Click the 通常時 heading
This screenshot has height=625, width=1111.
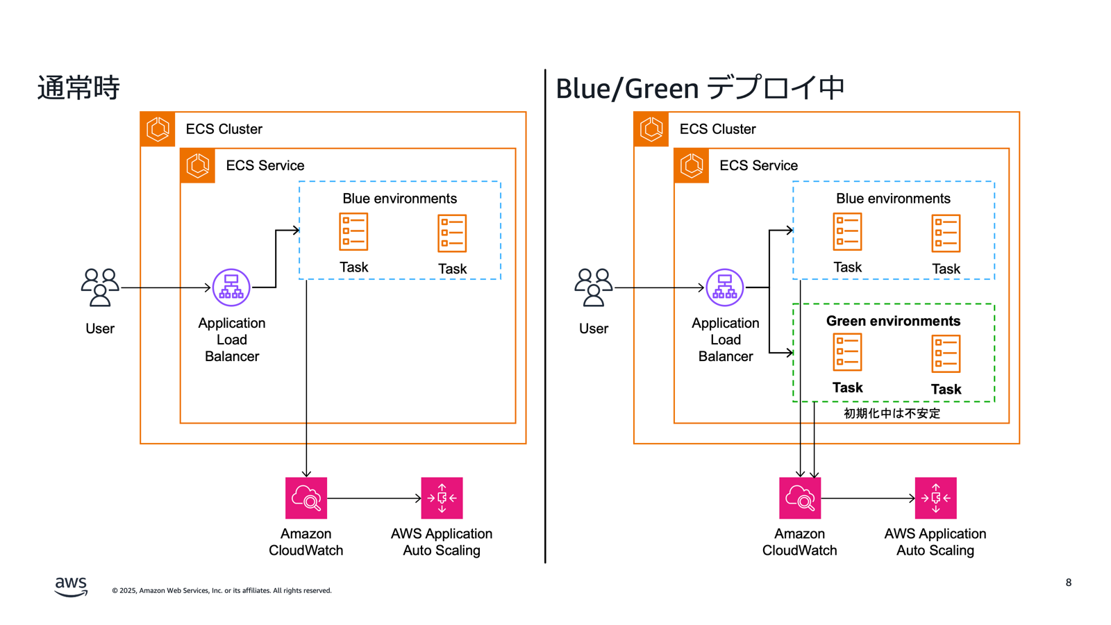(x=78, y=88)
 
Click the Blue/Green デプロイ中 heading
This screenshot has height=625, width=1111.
(x=699, y=88)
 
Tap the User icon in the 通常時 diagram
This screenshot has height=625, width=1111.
(x=100, y=287)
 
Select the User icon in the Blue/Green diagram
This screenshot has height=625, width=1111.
(x=594, y=287)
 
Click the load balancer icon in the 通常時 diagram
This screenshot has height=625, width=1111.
(x=231, y=287)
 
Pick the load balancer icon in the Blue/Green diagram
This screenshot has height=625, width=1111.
(x=725, y=287)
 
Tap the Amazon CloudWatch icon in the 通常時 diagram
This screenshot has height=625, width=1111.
(x=306, y=498)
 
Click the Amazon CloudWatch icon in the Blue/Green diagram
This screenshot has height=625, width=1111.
(x=800, y=498)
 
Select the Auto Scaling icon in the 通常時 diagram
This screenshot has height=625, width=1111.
(x=442, y=498)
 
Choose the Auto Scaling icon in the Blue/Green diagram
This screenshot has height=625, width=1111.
(x=935, y=498)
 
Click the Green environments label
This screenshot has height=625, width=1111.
(x=893, y=321)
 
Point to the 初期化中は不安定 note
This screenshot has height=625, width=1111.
(x=892, y=413)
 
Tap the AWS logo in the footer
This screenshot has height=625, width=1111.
(x=71, y=586)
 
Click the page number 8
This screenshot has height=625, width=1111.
(x=1069, y=583)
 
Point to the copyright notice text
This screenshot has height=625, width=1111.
(x=222, y=591)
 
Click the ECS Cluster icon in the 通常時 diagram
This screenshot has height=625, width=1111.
(x=158, y=129)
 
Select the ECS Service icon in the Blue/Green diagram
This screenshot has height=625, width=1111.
(x=692, y=165)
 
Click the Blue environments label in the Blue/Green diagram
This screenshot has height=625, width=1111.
(x=893, y=199)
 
